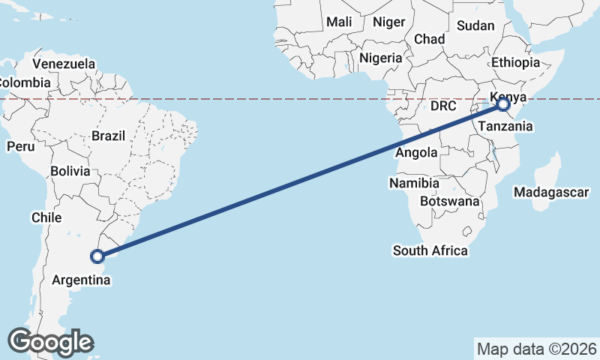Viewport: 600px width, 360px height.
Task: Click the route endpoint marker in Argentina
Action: pos(97,256)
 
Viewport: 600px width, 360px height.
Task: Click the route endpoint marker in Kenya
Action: pos(503,105)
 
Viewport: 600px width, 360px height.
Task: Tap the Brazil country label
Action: pos(108,136)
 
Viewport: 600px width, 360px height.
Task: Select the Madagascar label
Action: pos(551,192)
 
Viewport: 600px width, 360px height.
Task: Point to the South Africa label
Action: pos(430,250)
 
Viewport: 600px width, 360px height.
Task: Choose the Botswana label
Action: pos(450,201)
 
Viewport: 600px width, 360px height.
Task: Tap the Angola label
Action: pos(416,153)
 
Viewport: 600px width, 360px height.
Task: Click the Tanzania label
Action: pos(505,126)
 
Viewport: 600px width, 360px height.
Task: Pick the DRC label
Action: pos(443,106)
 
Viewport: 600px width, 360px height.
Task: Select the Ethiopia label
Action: pos(515,63)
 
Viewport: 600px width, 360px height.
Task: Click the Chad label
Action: pos(430,39)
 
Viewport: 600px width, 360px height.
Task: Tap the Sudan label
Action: pos(475,25)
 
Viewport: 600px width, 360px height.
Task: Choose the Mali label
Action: pos(339,22)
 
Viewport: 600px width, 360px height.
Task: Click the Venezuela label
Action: pos(64,64)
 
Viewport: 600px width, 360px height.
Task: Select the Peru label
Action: pos(20,146)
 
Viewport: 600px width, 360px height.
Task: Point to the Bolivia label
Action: pos(70,171)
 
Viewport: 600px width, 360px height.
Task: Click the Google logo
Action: pos(50,342)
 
